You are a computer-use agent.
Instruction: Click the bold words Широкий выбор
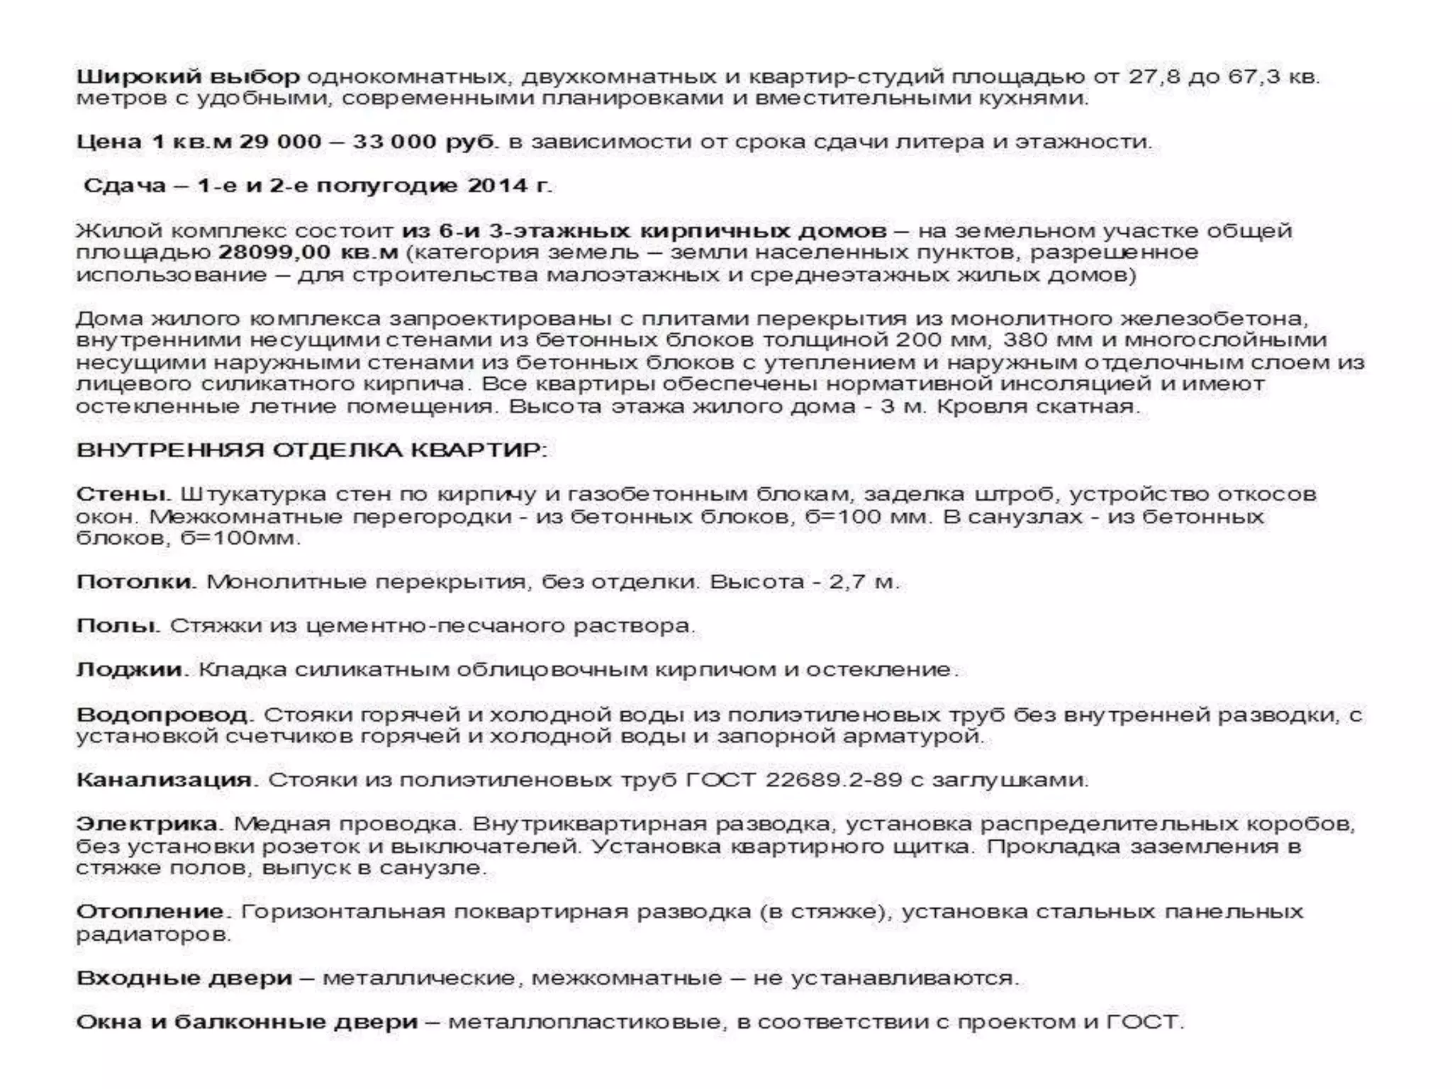click(x=188, y=76)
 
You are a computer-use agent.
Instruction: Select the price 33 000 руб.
click(x=424, y=142)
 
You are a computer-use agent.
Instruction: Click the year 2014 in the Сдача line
click(x=496, y=186)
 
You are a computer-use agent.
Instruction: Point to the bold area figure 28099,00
click(x=274, y=252)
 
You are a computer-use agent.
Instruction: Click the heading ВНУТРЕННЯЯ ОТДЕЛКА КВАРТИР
click(x=311, y=450)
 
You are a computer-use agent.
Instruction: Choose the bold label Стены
click(x=121, y=494)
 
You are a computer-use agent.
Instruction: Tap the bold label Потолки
click(x=135, y=582)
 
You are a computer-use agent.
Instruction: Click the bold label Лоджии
click(x=130, y=670)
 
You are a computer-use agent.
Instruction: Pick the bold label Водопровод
click(x=163, y=715)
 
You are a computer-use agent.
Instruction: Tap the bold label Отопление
click(x=150, y=912)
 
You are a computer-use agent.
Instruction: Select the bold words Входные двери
click(x=184, y=978)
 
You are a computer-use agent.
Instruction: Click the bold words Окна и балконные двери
click(x=247, y=1022)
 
